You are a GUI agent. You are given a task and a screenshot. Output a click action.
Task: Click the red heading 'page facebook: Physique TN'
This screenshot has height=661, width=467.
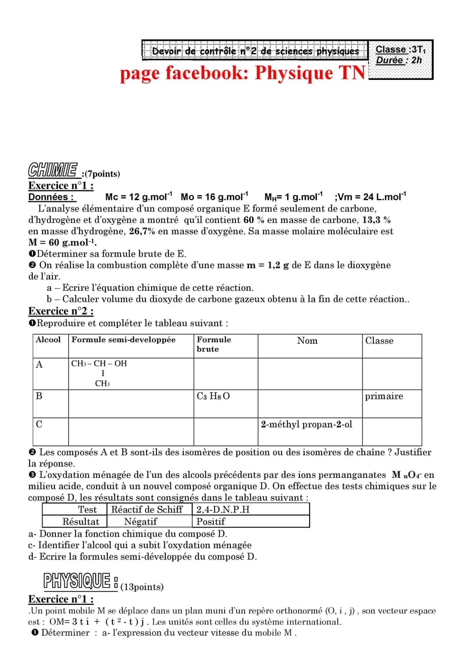pos(243,73)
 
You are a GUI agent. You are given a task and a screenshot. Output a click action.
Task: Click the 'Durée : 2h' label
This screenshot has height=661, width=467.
pos(399,60)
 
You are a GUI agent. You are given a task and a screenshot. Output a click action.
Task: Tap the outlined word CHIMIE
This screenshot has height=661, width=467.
pos(53,169)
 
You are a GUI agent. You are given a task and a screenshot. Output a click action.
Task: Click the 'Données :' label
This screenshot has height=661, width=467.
pos(51,197)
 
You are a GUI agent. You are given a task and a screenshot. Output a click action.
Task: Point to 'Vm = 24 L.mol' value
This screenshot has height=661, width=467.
pos(370,197)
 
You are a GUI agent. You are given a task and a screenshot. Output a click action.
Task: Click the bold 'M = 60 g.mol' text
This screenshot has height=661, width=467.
pos(62,242)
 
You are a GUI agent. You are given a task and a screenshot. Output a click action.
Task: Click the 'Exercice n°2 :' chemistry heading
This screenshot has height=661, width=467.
pos(61,311)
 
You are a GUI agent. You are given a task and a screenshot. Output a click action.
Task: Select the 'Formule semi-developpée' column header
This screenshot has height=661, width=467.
pos(124,340)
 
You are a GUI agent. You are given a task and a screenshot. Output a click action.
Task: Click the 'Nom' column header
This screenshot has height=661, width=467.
pos(307,341)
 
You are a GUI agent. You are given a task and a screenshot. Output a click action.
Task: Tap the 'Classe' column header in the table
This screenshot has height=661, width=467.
pos(379,341)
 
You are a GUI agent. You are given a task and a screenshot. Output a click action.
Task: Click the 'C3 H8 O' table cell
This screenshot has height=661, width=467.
pos(213,396)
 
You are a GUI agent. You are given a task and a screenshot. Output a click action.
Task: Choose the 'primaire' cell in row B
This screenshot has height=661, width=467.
pos(384,396)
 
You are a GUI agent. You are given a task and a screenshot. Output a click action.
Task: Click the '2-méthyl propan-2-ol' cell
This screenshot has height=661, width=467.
pos(307,425)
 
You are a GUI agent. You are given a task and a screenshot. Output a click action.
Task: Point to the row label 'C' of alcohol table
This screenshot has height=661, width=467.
pos(39,425)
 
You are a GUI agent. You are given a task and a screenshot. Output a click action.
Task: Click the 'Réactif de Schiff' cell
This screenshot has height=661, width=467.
pos(147,509)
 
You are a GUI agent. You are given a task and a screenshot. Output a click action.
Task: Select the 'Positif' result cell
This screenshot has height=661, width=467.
pos(210,522)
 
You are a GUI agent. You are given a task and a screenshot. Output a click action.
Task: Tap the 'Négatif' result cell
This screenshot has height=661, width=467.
pos(140,522)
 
